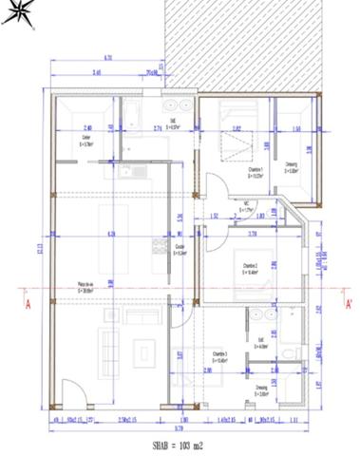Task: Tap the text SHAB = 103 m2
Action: click(180, 444)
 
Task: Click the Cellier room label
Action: click(85, 141)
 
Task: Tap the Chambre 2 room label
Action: click(251, 268)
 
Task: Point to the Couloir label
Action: click(179, 249)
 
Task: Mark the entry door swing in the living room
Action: click(70, 390)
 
